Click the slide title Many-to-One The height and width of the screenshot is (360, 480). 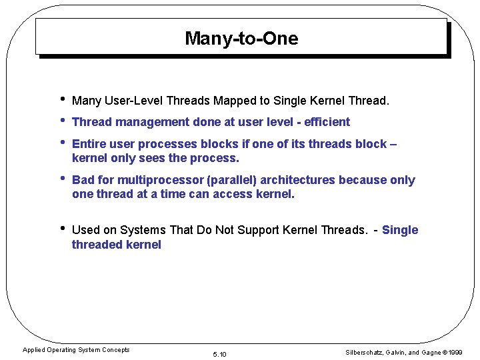point(241,39)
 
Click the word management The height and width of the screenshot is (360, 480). point(151,122)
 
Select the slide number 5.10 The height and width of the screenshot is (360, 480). point(219,354)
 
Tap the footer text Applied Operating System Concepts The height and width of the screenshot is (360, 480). point(76,350)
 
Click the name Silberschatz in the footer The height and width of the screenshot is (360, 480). point(366,353)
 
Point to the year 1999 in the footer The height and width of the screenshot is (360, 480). point(455,353)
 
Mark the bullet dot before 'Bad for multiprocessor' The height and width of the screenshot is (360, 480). point(62,179)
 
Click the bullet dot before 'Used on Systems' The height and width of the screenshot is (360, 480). point(62,229)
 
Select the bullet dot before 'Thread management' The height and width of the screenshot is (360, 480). point(62,121)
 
